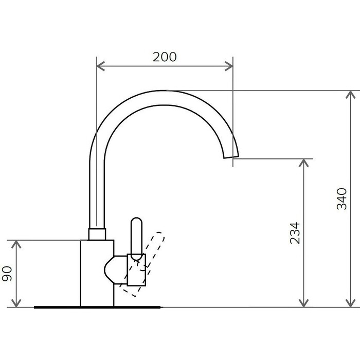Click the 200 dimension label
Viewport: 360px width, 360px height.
pyautogui.click(x=165, y=57)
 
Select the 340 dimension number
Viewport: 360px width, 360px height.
pyautogui.click(x=341, y=199)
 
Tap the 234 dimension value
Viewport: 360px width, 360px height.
pyautogui.click(x=295, y=233)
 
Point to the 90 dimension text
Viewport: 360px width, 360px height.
pyautogui.click(x=7, y=274)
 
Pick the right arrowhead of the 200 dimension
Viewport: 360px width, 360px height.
pyautogui.click(x=229, y=66)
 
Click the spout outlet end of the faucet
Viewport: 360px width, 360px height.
pyautogui.click(x=231, y=157)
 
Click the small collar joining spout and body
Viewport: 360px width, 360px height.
pyautogui.click(x=97, y=234)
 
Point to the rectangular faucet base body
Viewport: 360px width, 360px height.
pyautogui.click(x=97, y=273)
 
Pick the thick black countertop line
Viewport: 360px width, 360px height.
pyautogui.click(x=98, y=307)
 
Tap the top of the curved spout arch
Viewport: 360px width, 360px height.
pyautogui.click(x=164, y=91)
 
